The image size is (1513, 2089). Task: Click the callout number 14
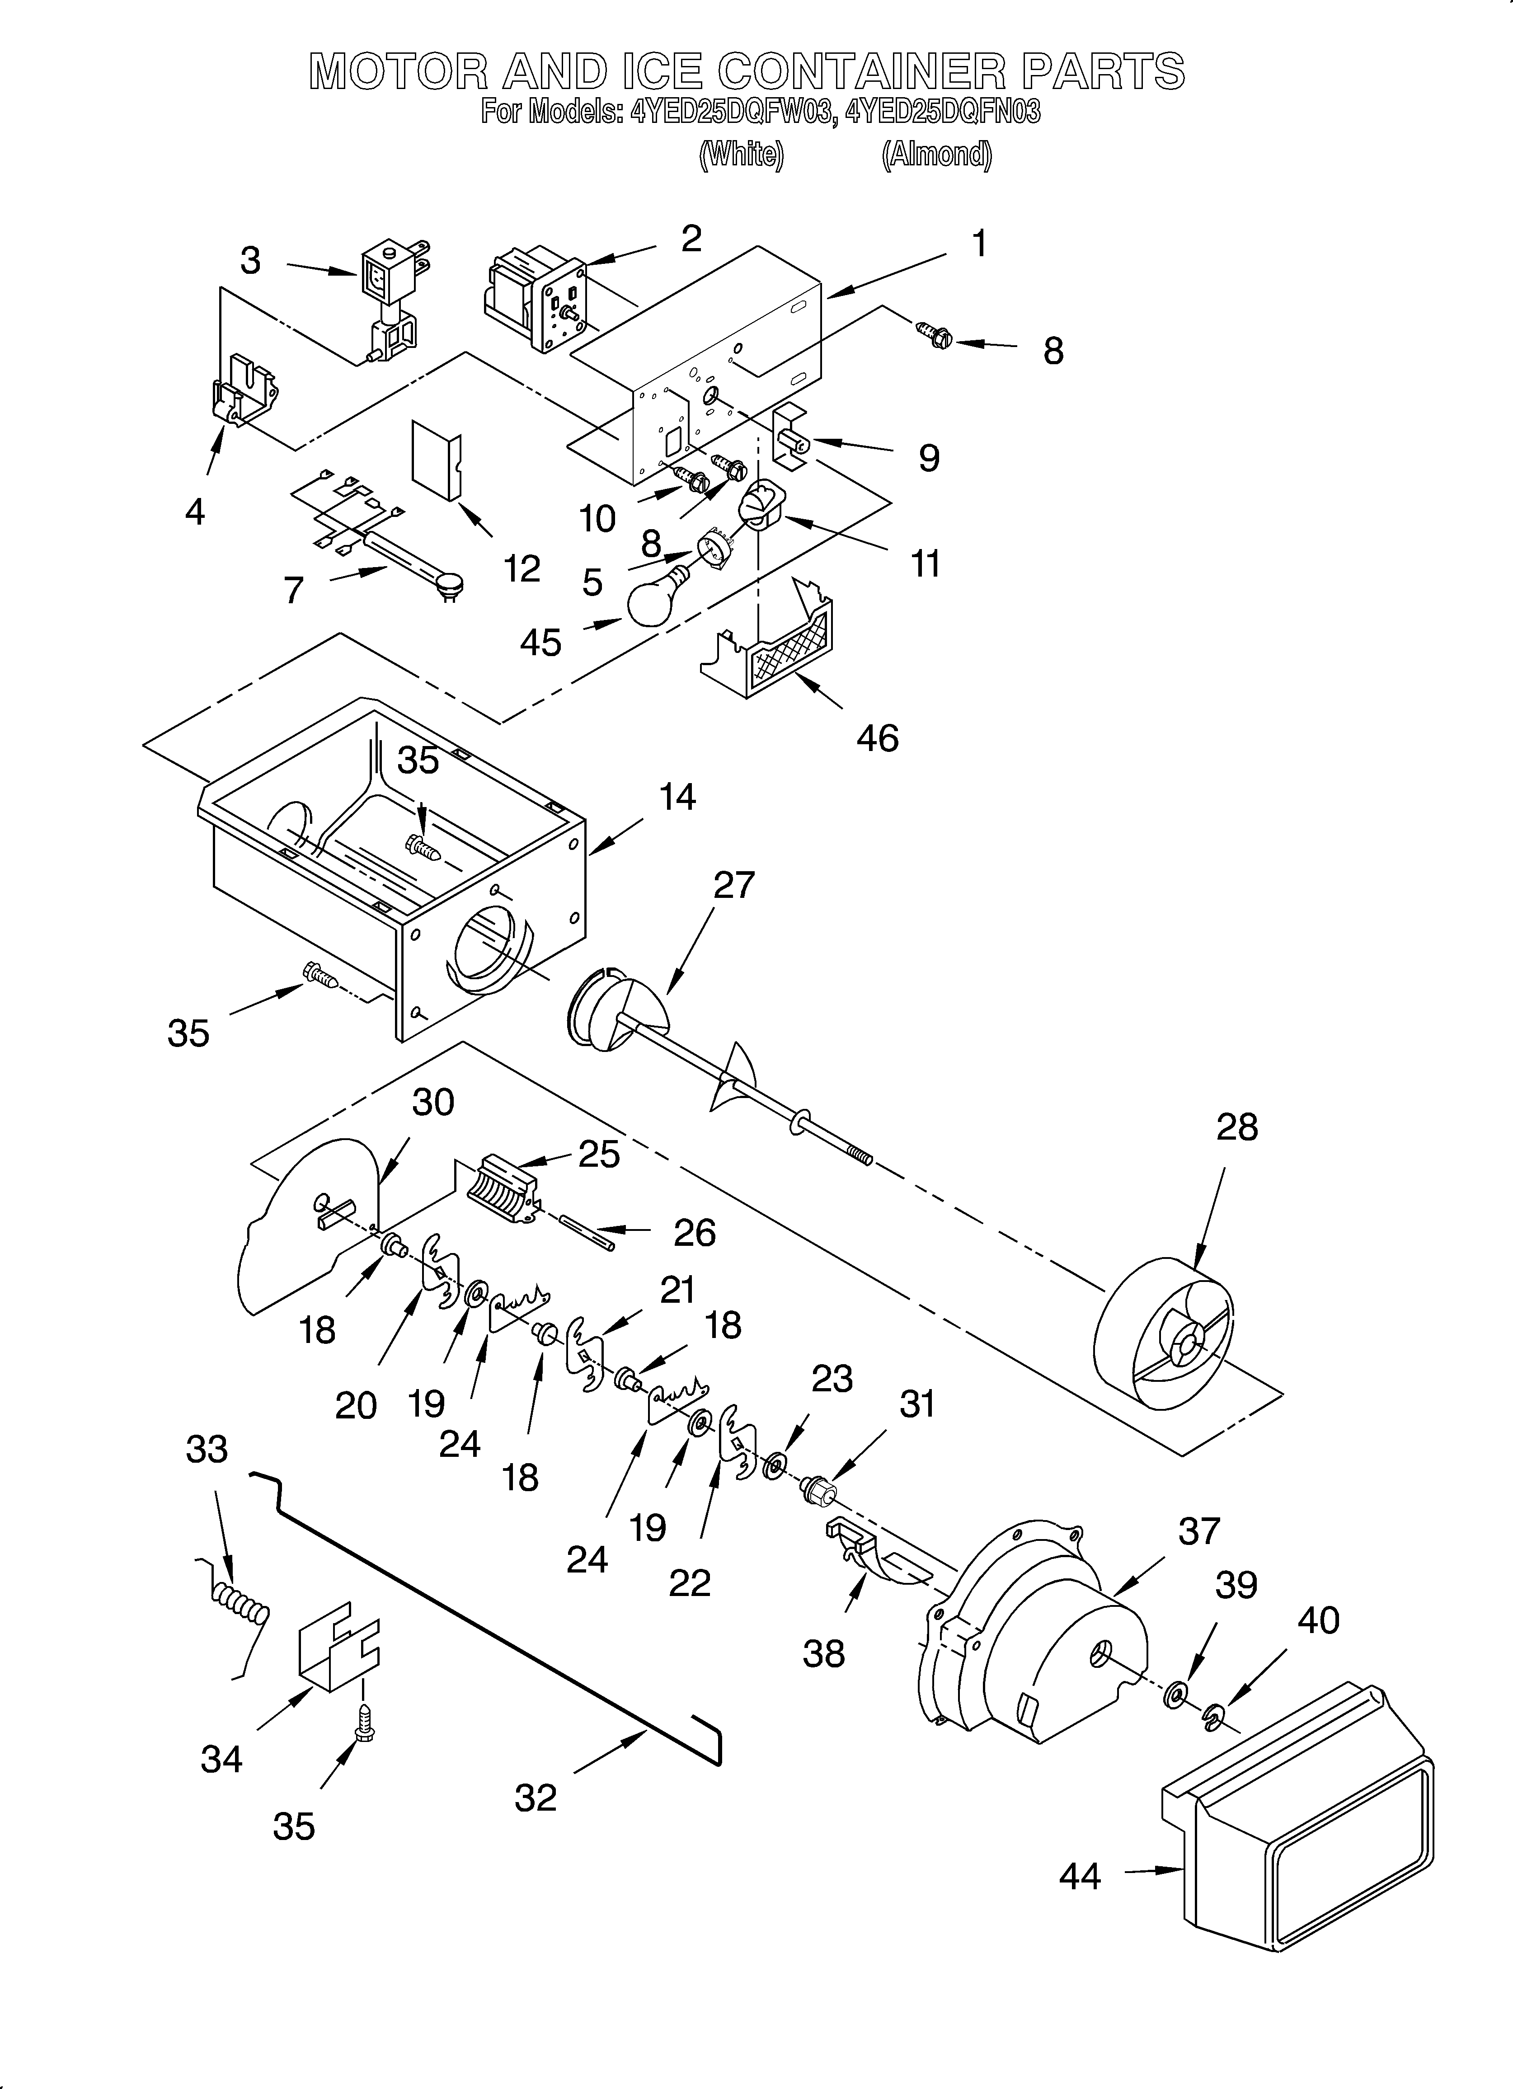click(x=677, y=797)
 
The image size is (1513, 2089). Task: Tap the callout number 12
click(x=522, y=569)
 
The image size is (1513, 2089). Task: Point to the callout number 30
click(x=432, y=1103)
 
